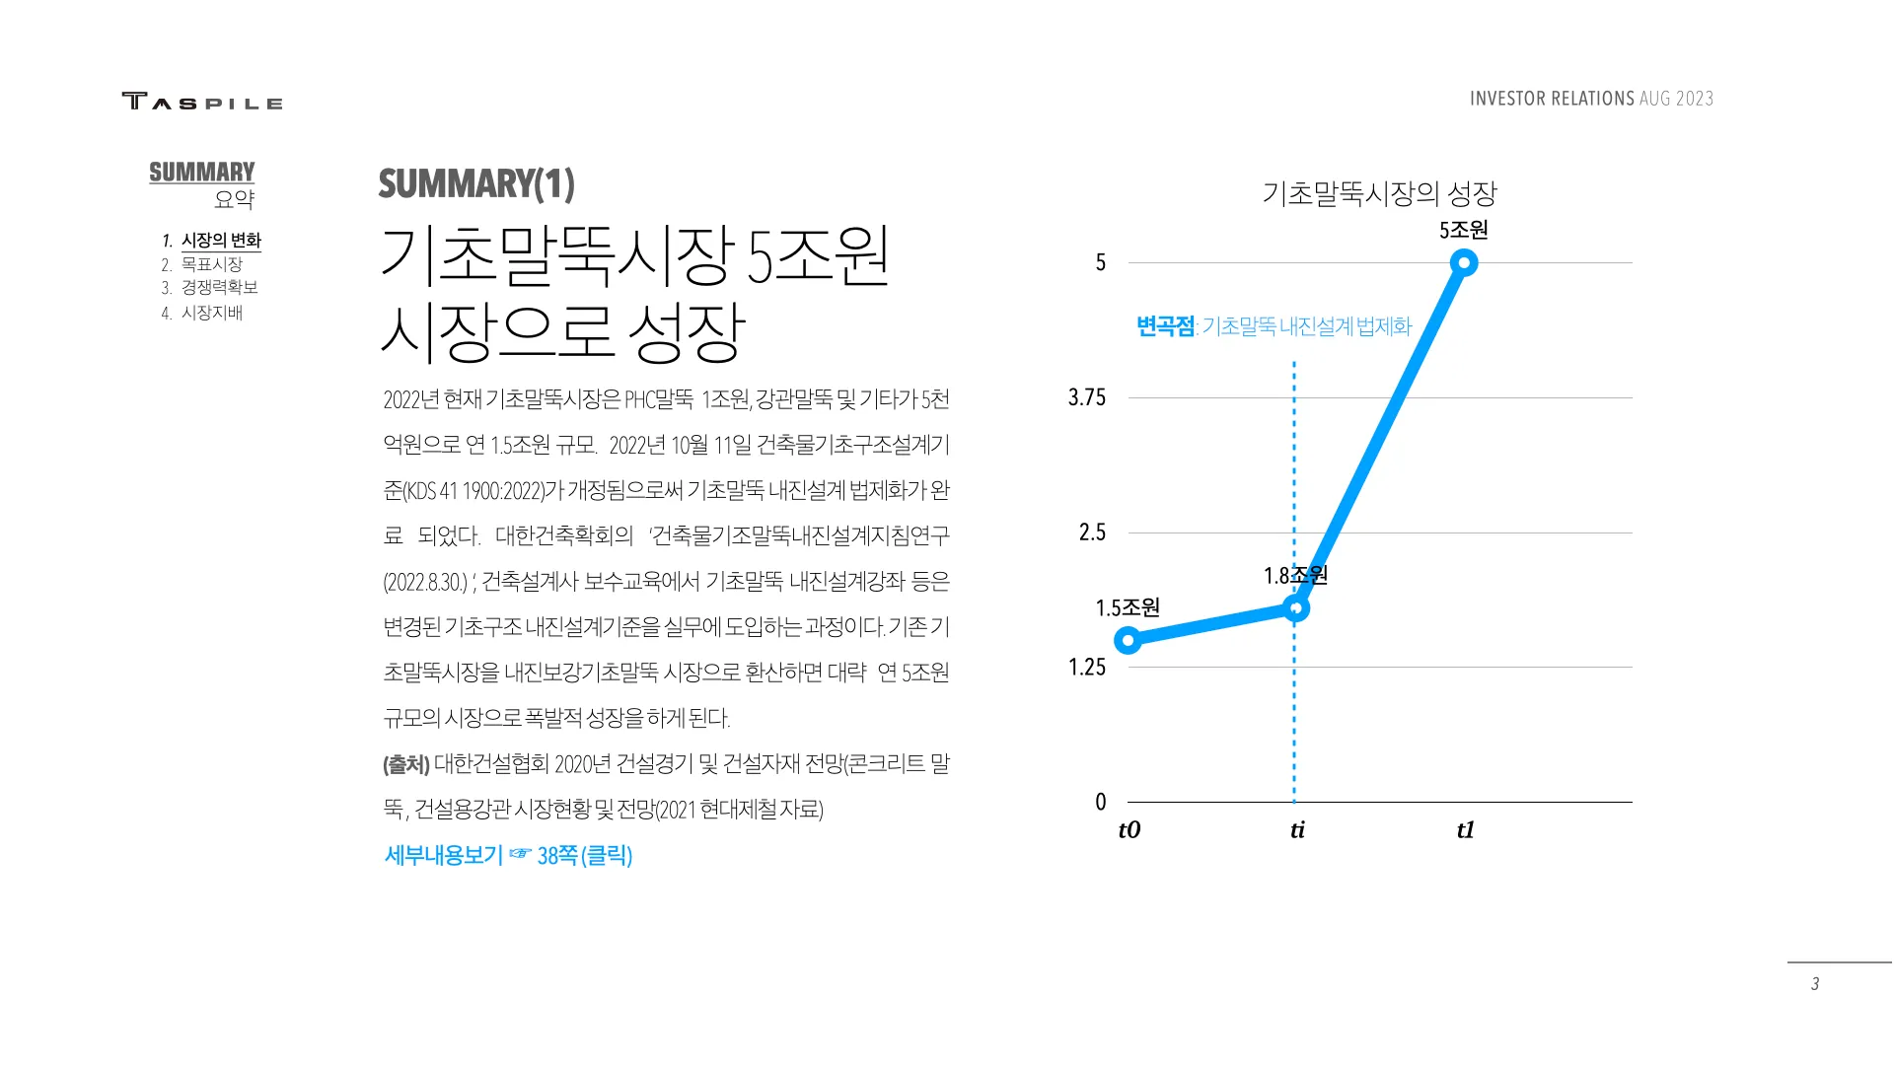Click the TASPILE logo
point(202,101)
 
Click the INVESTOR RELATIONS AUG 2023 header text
point(1591,99)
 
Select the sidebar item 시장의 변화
point(221,241)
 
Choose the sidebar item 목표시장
point(211,264)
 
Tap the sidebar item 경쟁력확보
point(219,287)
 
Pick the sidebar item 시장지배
point(211,313)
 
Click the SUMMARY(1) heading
point(476,184)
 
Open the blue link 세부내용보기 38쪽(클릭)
point(508,855)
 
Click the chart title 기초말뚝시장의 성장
point(1379,193)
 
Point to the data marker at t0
point(1128,641)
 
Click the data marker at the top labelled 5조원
point(1464,262)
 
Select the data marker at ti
point(1296,608)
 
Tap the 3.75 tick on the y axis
point(1087,397)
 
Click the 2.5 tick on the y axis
point(1092,532)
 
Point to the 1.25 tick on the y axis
point(1087,668)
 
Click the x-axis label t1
point(1465,829)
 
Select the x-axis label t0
point(1129,829)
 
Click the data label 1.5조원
point(1128,607)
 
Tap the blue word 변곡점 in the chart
point(1165,326)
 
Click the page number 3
point(1815,984)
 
